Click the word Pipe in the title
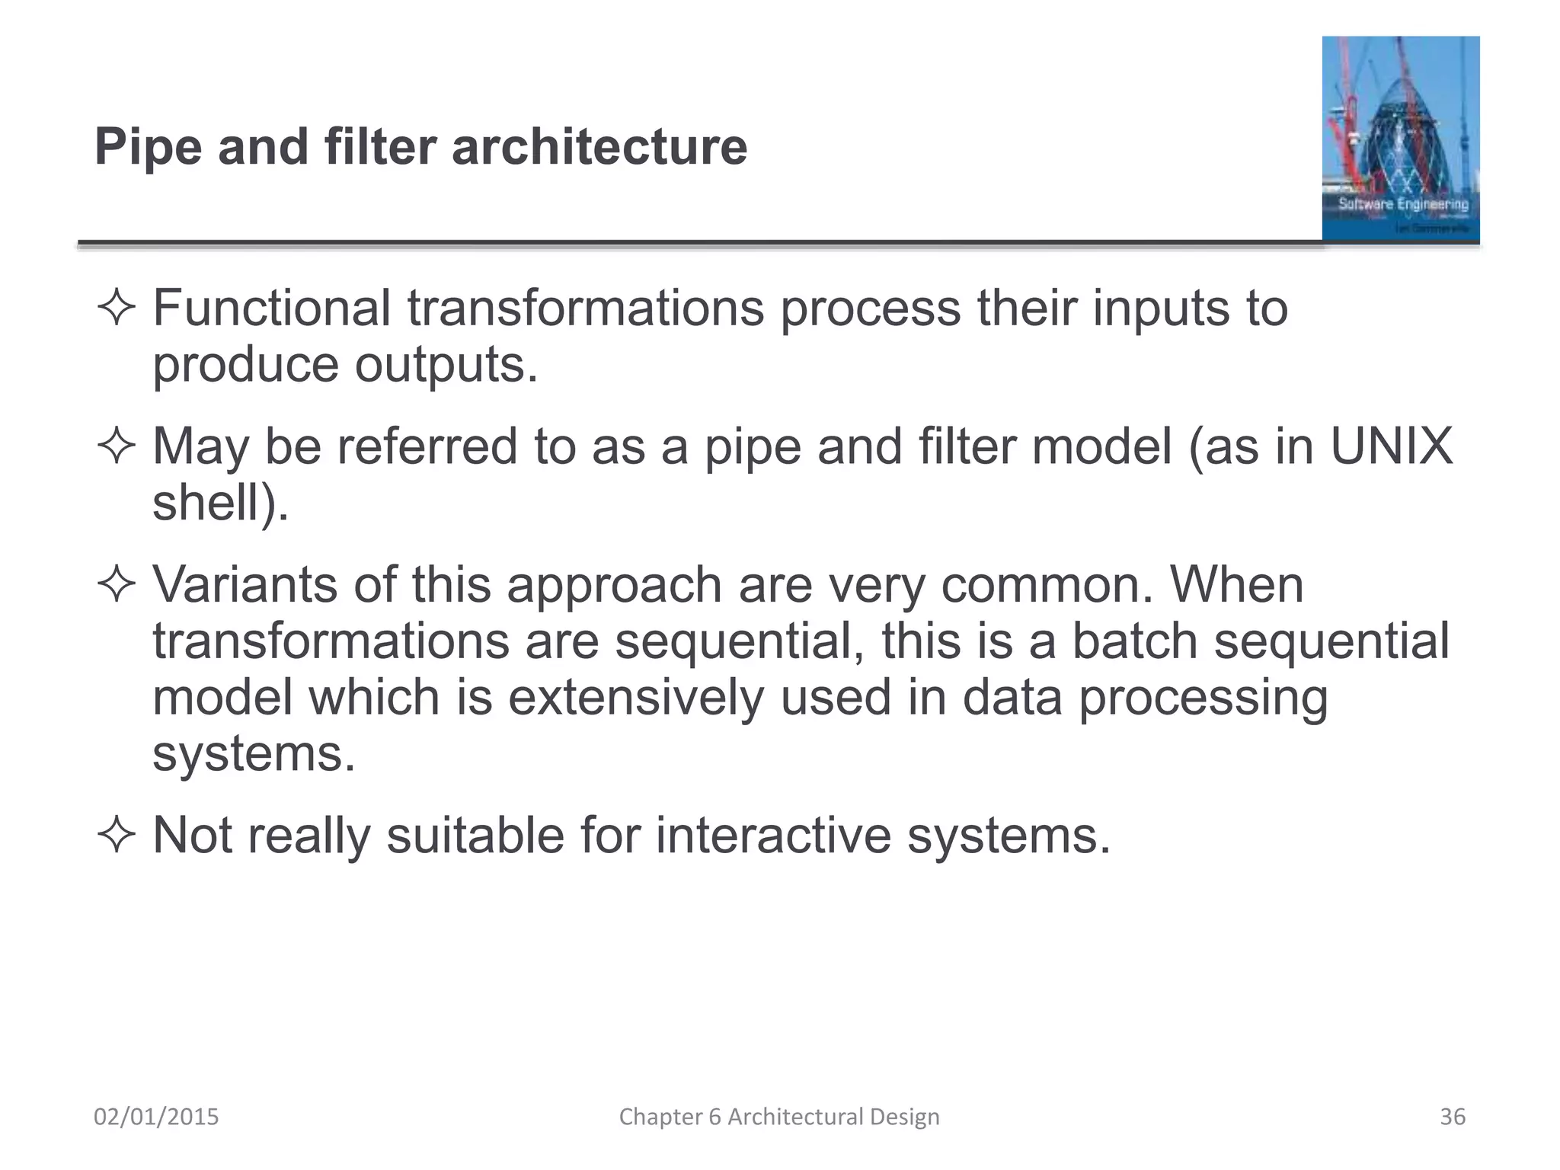[148, 147]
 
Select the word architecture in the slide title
[599, 147]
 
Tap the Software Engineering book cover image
[1400, 139]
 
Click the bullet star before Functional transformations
[117, 308]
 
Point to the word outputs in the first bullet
[446, 366]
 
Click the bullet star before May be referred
[117, 446]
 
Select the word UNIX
[1391, 446]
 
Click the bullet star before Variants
[117, 585]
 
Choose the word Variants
[245, 585]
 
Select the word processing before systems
[1203, 698]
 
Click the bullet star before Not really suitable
[117, 836]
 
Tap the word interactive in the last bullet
[773, 836]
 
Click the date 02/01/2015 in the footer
[156, 1117]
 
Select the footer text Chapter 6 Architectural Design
[779, 1117]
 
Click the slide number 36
[1452, 1117]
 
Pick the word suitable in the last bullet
[475, 836]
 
